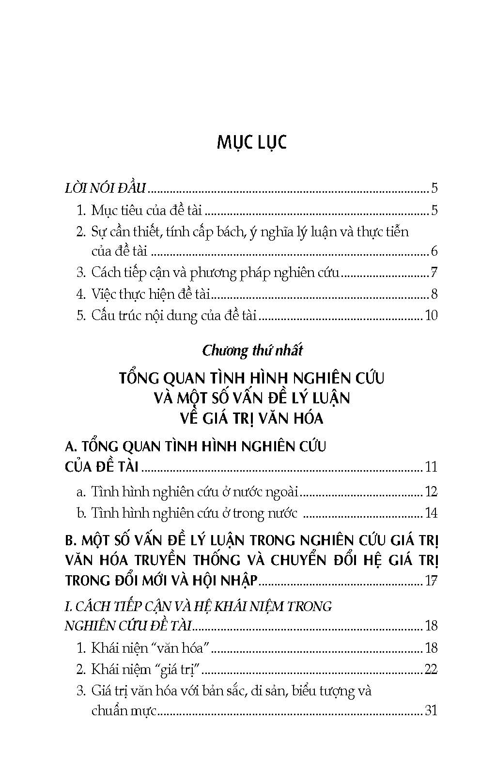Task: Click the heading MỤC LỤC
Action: (251, 142)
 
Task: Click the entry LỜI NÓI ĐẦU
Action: (105, 188)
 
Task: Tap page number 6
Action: (434, 251)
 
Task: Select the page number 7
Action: (434, 273)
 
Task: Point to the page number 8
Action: (434, 294)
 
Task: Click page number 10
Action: (431, 316)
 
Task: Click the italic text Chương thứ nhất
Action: (252, 351)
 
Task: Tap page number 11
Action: (431, 467)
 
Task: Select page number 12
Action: (431, 492)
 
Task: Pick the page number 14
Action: (431, 513)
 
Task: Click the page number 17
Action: (431, 580)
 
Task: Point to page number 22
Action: (431, 670)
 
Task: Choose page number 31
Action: (431, 711)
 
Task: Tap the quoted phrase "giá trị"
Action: (178, 670)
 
